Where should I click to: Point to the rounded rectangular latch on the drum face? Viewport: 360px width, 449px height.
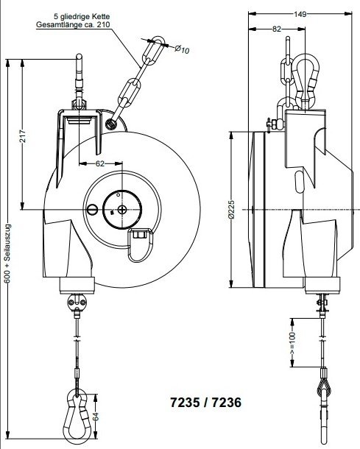(141, 243)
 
